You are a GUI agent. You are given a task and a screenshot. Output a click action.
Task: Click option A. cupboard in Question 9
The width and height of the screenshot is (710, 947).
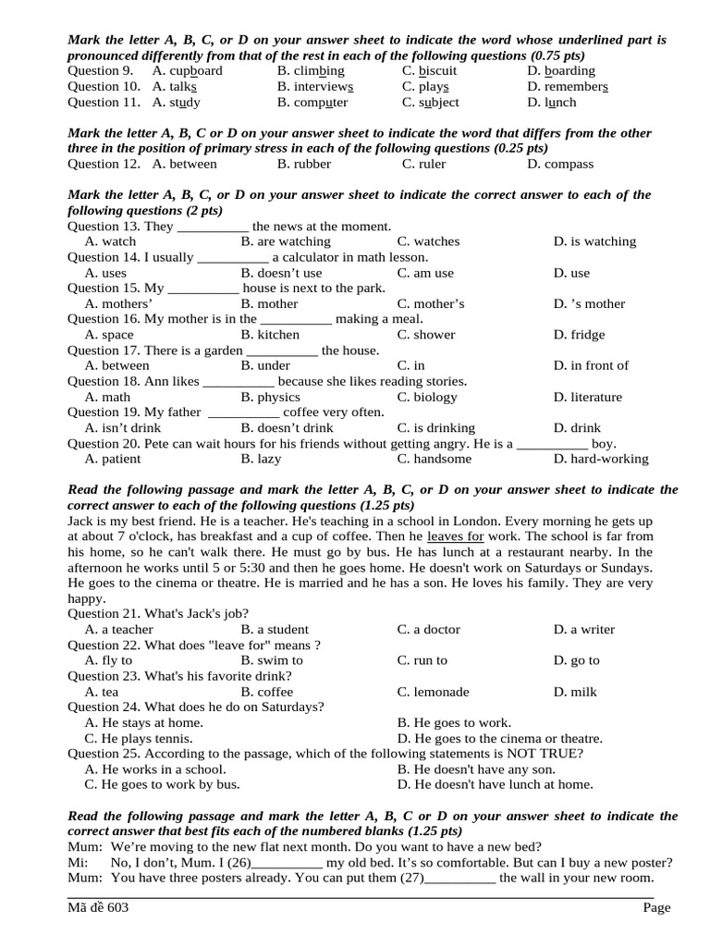pyautogui.click(x=187, y=71)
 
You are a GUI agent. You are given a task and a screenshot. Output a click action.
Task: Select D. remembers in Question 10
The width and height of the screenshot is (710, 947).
pyautogui.click(x=567, y=87)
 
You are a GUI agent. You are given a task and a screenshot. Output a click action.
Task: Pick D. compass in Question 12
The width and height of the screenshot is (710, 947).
pyautogui.click(x=560, y=165)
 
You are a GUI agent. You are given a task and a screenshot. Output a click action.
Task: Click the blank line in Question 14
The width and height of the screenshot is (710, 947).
pyautogui.click(x=233, y=258)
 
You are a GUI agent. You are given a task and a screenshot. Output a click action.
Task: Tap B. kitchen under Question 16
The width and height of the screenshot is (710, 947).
pyautogui.click(x=269, y=336)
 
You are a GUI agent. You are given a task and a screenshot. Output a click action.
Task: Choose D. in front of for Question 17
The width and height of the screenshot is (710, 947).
pyautogui.click(x=591, y=366)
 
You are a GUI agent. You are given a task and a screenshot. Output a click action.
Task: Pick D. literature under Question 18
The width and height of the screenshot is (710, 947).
pyautogui.click(x=587, y=398)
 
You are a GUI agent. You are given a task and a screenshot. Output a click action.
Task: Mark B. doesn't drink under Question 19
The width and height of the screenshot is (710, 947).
pyautogui.click(x=287, y=429)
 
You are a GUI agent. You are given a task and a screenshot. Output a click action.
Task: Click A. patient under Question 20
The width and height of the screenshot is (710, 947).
pyautogui.click(x=112, y=460)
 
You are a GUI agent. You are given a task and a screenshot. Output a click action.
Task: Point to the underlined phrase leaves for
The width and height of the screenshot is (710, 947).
pyautogui.click(x=456, y=536)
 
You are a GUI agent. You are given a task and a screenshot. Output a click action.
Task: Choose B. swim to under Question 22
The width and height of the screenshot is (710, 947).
pyautogui.click(x=272, y=661)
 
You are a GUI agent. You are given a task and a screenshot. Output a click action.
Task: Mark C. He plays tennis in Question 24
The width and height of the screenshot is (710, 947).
pyautogui.click(x=139, y=739)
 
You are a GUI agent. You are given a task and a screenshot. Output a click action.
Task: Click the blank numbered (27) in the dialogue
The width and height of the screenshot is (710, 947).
pyautogui.click(x=459, y=879)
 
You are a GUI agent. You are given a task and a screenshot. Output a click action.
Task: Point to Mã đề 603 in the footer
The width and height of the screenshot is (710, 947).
pyautogui.click(x=98, y=909)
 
